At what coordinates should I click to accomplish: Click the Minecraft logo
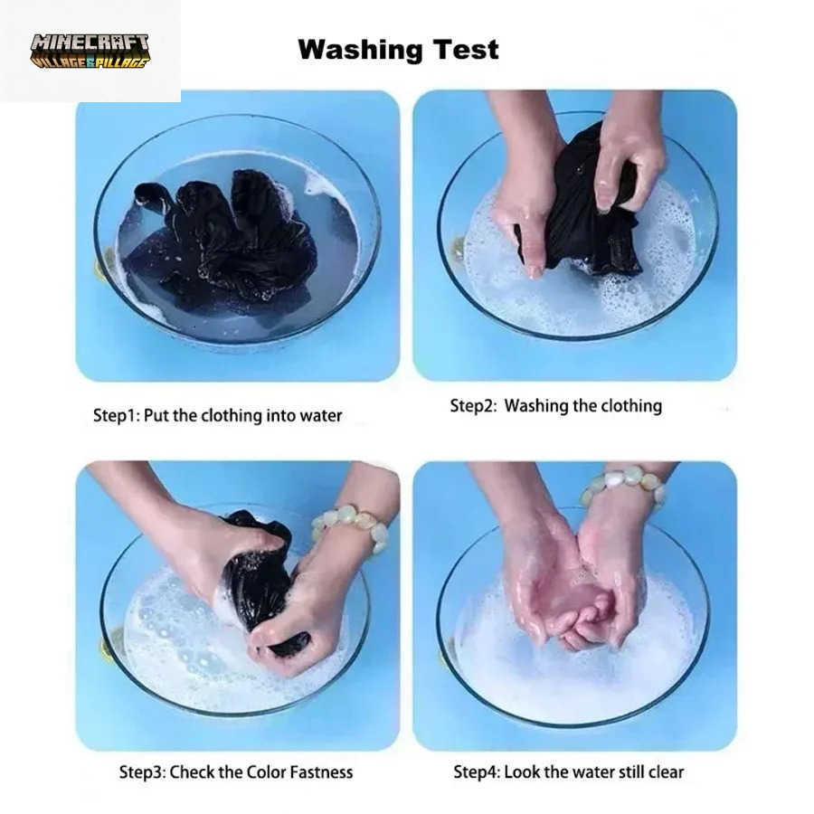point(90,52)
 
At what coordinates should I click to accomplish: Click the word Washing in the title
point(360,51)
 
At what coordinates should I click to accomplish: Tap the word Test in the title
point(466,50)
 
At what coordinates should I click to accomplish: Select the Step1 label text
point(116,416)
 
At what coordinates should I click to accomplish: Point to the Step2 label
point(473,406)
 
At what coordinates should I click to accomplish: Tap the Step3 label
point(142,772)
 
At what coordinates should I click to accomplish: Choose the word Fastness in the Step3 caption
point(321,772)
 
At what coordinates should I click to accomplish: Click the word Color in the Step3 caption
point(265,772)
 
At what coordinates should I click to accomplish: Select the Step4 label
point(477,772)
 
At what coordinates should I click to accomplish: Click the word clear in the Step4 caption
point(666,772)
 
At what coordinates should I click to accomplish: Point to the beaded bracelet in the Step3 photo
point(351,525)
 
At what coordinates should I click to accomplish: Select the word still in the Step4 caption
point(632,772)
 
